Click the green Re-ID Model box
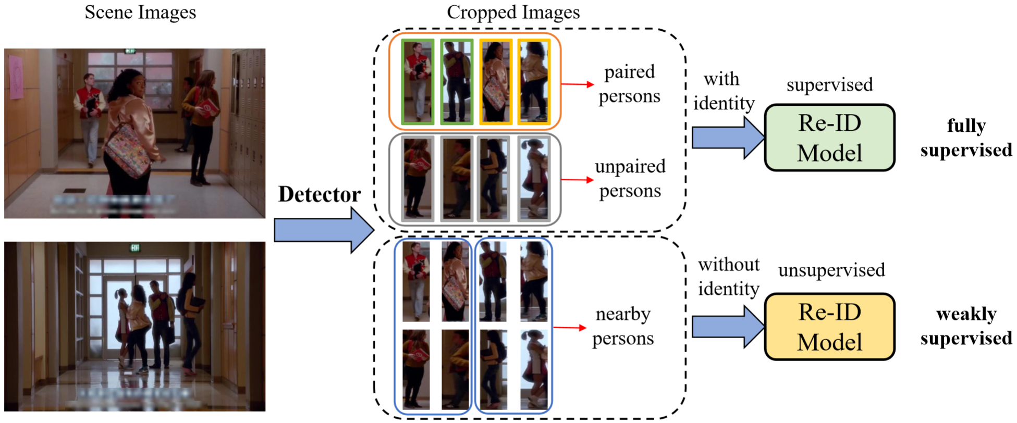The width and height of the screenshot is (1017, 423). coord(829,138)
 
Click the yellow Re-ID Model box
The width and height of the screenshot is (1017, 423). coord(829,327)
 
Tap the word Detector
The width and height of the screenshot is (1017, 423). coord(319,194)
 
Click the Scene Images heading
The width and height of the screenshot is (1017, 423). coord(140,13)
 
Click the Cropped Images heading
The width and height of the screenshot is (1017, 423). coord(513,13)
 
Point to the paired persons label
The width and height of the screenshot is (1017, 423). coord(629,84)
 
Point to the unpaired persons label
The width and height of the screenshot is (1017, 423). coord(630,179)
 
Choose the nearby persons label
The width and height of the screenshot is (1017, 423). coord(623,326)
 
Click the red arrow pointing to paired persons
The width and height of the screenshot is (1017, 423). coord(577,84)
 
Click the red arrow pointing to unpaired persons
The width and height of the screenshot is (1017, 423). coord(577,180)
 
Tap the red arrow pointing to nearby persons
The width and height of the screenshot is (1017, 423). coord(569,328)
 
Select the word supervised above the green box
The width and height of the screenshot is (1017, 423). coord(829,84)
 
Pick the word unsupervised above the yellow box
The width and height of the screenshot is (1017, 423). coord(831,270)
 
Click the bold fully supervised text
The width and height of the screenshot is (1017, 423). coord(966,138)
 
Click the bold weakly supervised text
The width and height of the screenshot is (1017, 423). coord(966,326)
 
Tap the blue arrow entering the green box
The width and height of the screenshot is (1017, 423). coord(727,138)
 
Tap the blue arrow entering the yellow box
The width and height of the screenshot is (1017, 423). coord(727,327)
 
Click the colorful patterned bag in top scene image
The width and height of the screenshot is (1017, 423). coord(128,151)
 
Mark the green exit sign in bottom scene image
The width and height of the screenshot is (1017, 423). coord(135,247)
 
